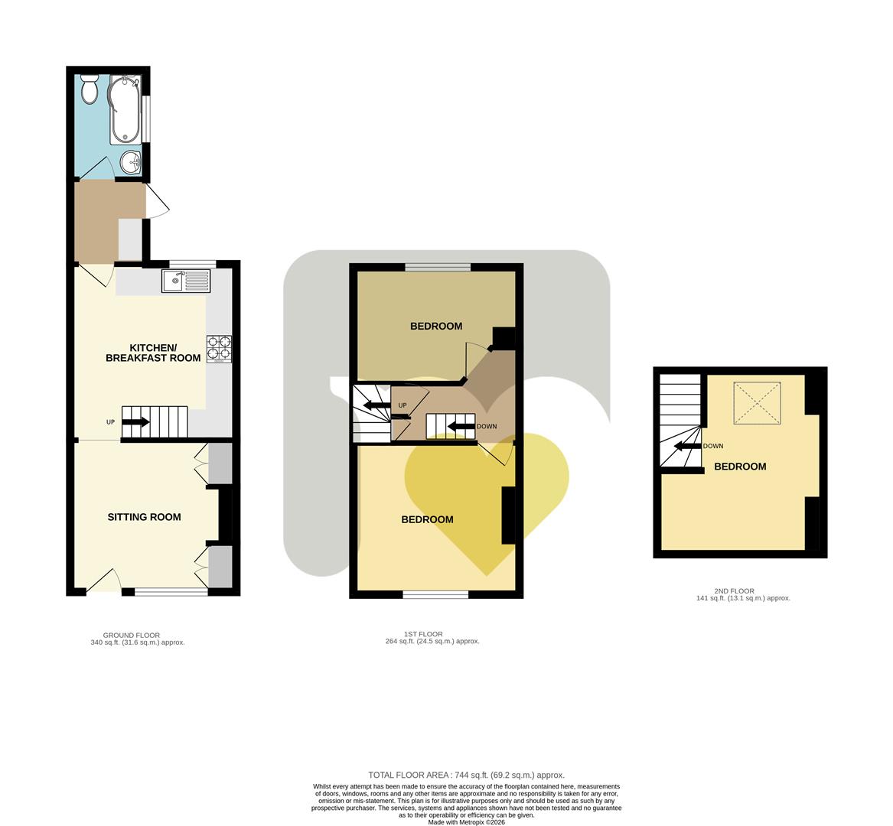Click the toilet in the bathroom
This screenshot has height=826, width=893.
90,89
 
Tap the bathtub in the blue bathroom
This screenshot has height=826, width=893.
124,110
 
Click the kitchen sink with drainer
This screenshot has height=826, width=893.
186,281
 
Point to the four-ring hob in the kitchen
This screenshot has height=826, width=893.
219,349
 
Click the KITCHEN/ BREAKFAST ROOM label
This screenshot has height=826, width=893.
153,353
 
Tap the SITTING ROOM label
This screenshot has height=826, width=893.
144,517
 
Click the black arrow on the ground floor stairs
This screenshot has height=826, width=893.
135,421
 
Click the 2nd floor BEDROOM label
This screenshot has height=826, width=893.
740,467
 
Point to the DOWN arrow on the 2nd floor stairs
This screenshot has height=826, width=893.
688,446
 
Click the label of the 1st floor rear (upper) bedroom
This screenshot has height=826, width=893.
436,327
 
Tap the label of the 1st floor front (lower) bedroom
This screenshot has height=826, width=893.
427,520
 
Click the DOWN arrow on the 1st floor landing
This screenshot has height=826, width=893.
461,426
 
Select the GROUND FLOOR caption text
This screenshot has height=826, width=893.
132,635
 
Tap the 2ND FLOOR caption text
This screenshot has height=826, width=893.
734,591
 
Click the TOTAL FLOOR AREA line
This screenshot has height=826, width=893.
466,775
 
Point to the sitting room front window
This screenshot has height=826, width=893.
171,590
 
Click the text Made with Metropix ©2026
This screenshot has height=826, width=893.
466,822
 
